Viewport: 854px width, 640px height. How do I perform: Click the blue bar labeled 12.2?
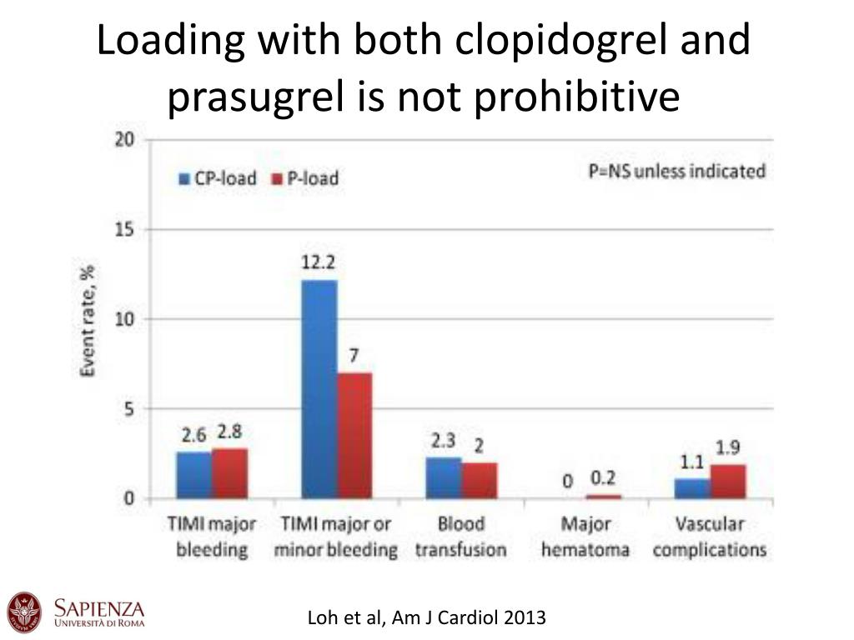(319, 389)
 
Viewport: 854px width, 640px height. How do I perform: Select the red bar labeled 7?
(354, 435)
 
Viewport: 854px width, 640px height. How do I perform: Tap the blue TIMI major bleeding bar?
(193, 475)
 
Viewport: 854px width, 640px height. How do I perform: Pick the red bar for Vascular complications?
(727, 482)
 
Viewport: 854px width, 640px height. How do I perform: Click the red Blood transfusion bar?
(479, 481)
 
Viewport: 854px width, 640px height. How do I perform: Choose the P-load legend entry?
(305, 178)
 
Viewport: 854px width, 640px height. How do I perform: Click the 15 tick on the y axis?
(124, 229)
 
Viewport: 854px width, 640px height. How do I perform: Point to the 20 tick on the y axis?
(124, 140)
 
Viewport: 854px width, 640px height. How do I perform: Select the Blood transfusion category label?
(460, 537)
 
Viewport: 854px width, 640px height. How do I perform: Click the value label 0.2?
(602, 478)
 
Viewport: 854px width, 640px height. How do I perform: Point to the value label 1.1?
(691, 462)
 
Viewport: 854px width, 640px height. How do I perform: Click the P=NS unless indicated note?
(676, 172)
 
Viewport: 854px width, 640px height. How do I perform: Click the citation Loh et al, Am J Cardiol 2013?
(427, 617)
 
